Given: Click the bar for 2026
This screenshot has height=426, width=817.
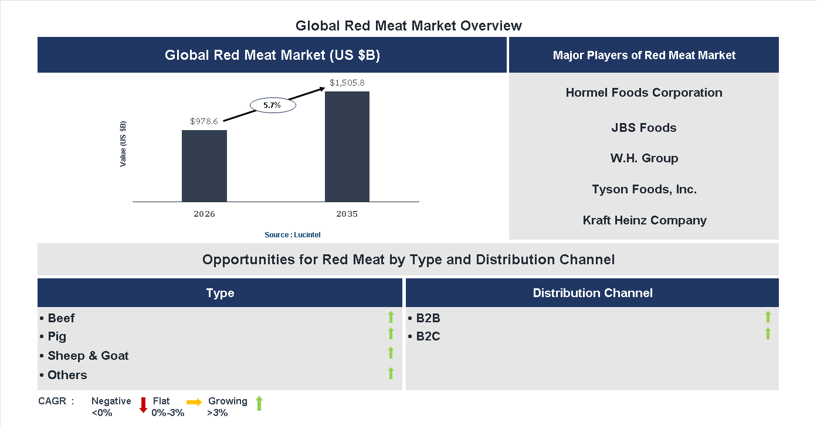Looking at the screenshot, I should (x=204, y=166).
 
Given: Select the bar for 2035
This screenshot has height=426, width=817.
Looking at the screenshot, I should (x=347, y=146).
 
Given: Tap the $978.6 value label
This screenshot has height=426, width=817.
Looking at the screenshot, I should (x=204, y=121).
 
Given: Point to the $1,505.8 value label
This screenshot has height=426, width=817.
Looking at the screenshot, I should (x=347, y=83).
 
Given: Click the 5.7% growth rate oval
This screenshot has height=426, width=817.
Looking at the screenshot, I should (x=272, y=105).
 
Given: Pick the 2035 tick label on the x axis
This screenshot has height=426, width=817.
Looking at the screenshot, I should (x=347, y=214).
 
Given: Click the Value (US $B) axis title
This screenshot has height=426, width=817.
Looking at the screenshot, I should (x=123, y=144).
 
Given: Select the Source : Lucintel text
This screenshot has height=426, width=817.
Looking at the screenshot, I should (x=293, y=234).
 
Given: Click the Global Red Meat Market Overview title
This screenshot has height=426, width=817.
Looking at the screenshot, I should (x=408, y=26).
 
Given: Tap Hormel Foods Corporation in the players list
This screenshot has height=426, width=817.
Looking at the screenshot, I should (x=644, y=93).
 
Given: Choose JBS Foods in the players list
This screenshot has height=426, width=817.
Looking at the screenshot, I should (x=644, y=128).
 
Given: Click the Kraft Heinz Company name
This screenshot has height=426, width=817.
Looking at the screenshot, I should (x=644, y=220).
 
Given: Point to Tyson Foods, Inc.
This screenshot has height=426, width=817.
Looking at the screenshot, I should (x=644, y=189).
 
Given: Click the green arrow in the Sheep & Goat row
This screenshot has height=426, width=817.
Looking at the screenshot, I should (x=391, y=353).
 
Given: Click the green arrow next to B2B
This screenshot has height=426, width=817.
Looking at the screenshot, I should (x=768, y=317).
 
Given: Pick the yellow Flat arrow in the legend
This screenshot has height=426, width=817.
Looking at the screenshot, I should (x=194, y=402).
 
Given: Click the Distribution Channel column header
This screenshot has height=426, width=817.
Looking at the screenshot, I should (x=592, y=293).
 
